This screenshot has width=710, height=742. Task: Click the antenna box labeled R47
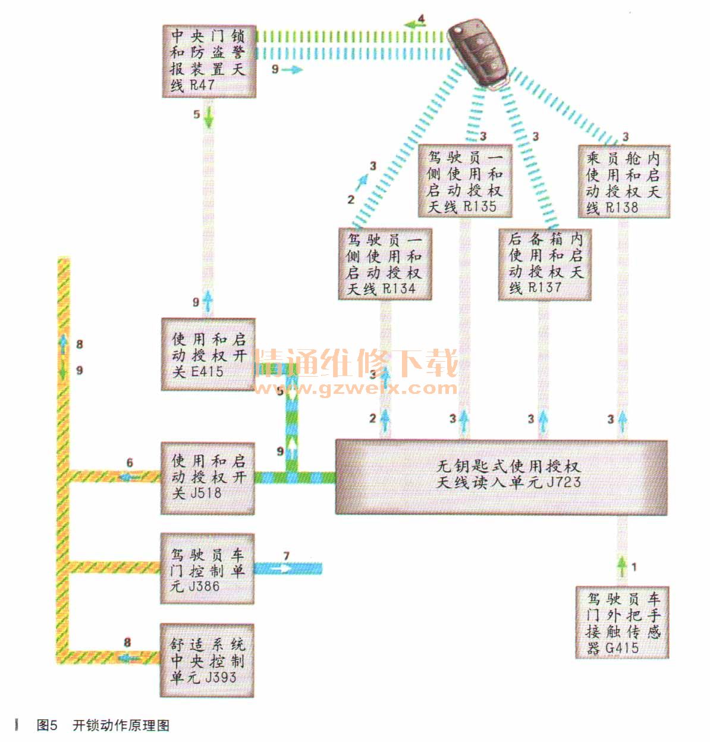coord(209,60)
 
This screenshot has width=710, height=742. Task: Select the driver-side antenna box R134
coord(384,264)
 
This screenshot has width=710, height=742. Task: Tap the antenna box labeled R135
coord(465,182)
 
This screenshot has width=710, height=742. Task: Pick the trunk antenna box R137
coord(545,264)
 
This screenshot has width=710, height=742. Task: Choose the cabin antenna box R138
coord(624,182)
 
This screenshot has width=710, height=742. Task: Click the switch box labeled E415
coord(208,355)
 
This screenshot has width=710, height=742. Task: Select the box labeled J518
coord(208,477)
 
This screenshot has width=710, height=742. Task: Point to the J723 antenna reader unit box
coord(501,477)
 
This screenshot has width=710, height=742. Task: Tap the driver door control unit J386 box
coord(208,569)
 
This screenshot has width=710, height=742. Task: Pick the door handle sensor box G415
coord(623,622)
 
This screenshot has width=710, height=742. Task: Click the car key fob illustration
coord(479,52)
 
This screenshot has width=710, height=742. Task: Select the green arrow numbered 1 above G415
coord(622,566)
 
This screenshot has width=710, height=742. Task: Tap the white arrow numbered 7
coord(284,568)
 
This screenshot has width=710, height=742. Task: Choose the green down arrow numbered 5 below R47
coord(209,119)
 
